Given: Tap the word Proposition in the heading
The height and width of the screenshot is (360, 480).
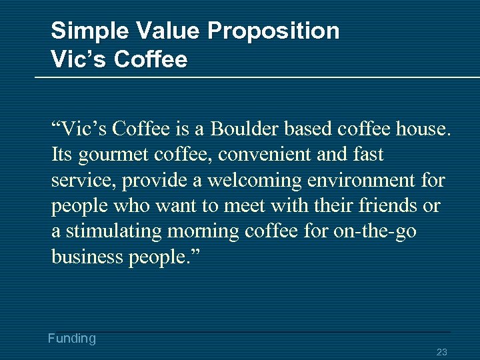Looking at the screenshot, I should (x=273, y=31).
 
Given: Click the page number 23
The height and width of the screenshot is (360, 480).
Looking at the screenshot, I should (x=441, y=352).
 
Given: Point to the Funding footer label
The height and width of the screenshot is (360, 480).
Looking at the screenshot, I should (x=72, y=339).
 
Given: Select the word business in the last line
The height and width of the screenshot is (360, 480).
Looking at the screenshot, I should (x=87, y=257).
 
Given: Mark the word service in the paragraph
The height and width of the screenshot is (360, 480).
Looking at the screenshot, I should (x=79, y=180).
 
